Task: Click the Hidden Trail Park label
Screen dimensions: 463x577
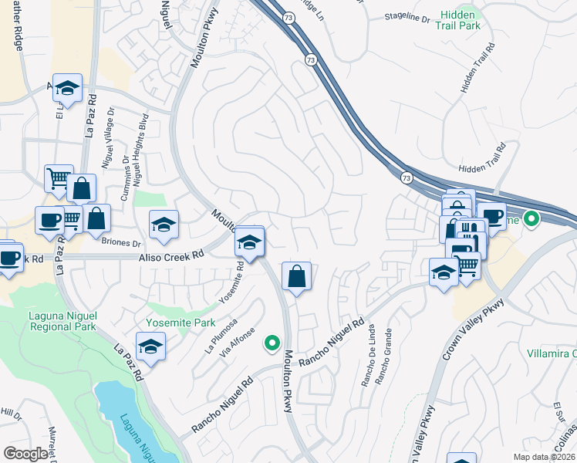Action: [461, 20]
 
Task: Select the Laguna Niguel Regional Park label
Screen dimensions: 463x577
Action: [51, 321]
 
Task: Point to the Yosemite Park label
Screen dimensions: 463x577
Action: [170, 322]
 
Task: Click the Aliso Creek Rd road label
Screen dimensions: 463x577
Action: [171, 253]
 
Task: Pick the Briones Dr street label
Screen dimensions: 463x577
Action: [121, 242]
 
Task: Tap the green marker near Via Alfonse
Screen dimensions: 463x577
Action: [271, 343]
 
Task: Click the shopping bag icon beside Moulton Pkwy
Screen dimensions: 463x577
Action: [297, 275]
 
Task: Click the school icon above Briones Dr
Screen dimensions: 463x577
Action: [164, 225]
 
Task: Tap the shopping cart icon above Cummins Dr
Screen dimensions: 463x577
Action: [59, 179]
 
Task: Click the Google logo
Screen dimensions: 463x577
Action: [25, 454]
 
